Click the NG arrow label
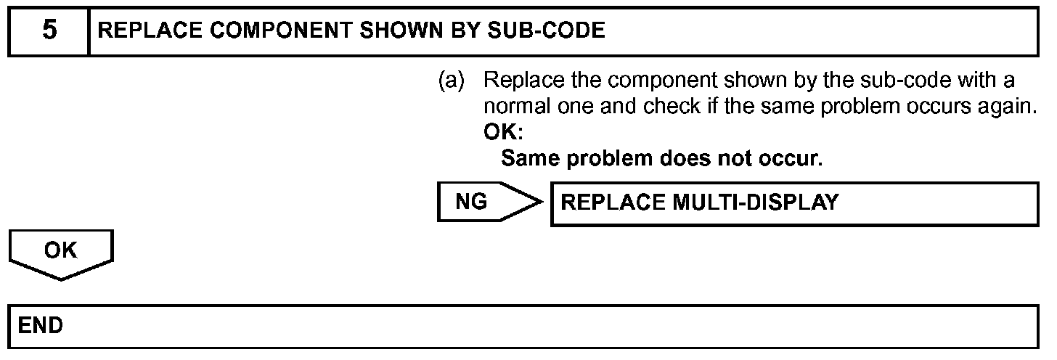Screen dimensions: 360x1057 click(x=472, y=202)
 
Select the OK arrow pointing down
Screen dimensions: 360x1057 click(x=61, y=254)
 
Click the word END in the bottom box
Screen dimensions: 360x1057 click(x=41, y=325)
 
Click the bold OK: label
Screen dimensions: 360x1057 click(x=503, y=134)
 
